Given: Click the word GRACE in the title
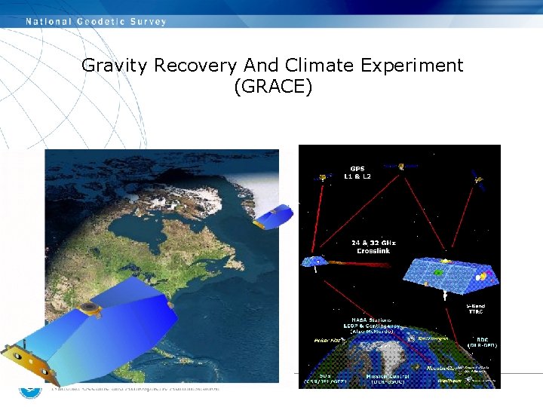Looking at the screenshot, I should tap(272, 87).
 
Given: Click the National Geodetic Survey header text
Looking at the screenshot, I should tap(96, 22).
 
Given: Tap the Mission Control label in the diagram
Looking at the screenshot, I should tap(388, 378).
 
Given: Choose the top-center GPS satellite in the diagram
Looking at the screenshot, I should tap(401, 166).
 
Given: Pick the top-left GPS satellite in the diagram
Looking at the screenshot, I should tap(323, 178).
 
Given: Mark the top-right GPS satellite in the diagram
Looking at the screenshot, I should tap(477, 178).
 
